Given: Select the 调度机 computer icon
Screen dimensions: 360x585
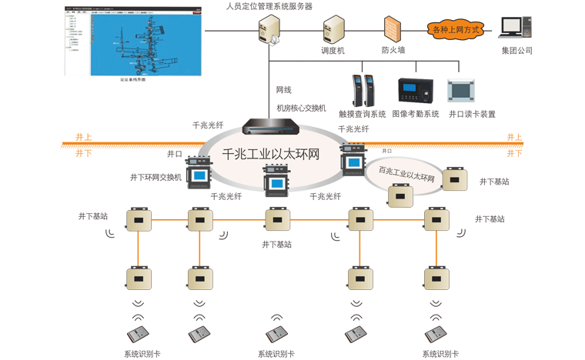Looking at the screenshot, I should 333,30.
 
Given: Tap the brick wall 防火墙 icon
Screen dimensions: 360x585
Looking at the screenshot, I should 393,30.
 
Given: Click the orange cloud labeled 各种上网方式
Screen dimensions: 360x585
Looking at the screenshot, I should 456,30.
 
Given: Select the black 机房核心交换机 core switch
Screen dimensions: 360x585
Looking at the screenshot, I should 275,127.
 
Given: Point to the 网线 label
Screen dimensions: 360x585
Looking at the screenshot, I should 284,90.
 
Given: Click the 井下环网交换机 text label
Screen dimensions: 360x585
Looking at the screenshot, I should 156,177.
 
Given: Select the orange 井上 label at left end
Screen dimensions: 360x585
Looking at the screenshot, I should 83,137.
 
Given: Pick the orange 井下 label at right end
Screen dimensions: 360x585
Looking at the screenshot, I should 514,153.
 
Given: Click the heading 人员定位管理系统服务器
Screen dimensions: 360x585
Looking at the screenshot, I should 269,6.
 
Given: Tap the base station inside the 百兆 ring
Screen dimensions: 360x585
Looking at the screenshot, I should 400,197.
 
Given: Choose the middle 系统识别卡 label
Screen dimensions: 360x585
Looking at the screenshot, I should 276,354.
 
